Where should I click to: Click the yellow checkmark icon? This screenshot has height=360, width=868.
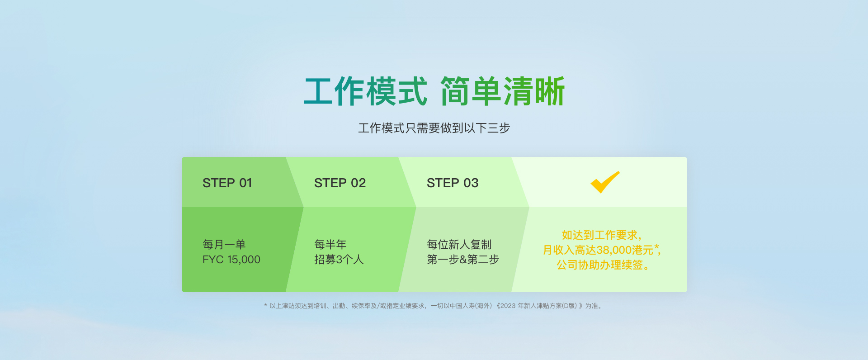604,183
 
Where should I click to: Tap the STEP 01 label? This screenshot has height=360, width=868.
227,183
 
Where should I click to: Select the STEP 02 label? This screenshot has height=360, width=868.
340,183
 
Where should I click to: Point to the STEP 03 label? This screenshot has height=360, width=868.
453,183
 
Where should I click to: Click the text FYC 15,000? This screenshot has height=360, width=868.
231,260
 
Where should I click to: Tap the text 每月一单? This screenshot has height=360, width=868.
224,245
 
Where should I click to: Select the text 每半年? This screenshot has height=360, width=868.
330,245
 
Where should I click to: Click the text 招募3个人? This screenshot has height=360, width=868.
339,260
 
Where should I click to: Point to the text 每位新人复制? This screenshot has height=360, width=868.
459,245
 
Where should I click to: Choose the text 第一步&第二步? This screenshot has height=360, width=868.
463,260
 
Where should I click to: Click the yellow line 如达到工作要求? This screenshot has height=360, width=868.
601,235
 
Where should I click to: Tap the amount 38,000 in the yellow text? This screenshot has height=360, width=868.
614,250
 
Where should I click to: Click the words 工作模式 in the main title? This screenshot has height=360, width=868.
365,91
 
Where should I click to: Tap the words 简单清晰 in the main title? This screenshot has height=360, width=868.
503,91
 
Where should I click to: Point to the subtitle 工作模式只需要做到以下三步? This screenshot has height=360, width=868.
434,128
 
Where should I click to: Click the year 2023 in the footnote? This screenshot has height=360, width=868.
508,306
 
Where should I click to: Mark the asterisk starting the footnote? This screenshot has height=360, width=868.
266,306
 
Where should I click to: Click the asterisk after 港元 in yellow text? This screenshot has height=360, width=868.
656,247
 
